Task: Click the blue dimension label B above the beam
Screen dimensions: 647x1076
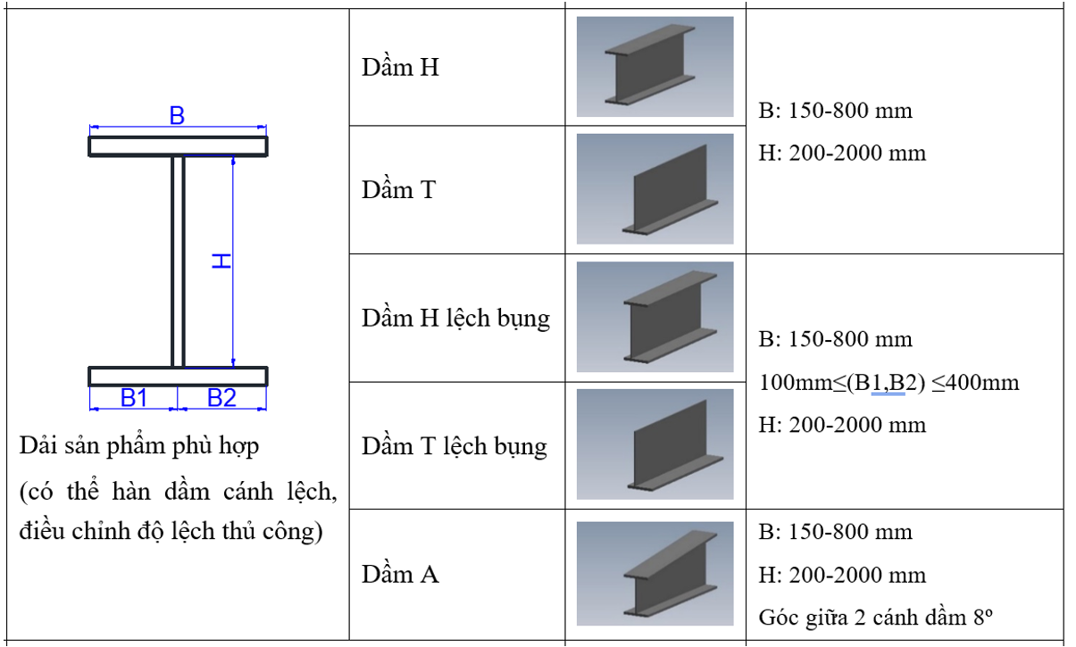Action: click(x=177, y=116)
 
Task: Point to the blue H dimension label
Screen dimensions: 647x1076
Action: click(x=221, y=261)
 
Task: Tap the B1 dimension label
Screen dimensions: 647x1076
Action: click(x=134, y=398)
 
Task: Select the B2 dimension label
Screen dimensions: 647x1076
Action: click(x=221, y=398)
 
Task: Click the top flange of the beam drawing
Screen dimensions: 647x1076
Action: click(x=178, y=146)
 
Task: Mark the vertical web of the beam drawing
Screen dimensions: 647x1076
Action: click(x=178, y=261)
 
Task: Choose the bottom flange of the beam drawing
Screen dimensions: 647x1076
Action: click(x=178, y=376)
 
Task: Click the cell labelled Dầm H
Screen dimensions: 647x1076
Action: click(x=400, y=68)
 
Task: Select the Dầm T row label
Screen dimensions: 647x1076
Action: click(x=398, y=189)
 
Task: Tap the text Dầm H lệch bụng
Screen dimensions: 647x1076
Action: click(x=455, y=319)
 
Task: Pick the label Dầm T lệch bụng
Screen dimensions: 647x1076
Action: click(x=454, y=446)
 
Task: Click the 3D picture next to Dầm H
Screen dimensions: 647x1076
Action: click(x=655, y=67)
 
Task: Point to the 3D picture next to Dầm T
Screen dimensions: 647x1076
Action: click(x=655, y=189)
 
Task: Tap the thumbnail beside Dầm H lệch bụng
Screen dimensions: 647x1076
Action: click(x=655, y=317)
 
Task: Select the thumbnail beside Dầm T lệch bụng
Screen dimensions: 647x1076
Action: click(x=655, y=444)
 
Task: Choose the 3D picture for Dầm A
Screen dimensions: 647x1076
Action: click(x=655, y=573)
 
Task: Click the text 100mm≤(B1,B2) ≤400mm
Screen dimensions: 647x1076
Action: click(x=888, y=383)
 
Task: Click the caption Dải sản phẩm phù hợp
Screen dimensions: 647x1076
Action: click(x=139, y=445)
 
